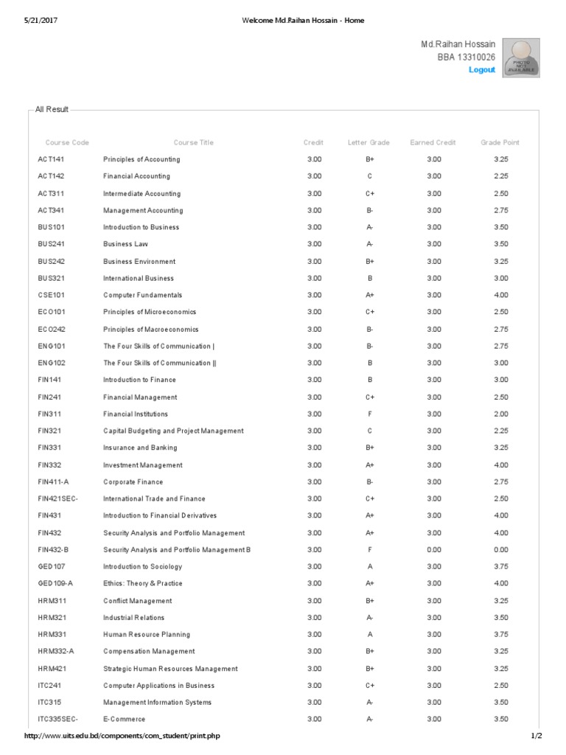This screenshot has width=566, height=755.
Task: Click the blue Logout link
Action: click(x=482, y=69)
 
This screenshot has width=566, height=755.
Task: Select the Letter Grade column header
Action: click(x=368, y=142)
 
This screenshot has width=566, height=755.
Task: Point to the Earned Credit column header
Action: click(x=433, y=142)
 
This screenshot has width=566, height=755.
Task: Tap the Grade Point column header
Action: click(x=500, y=142)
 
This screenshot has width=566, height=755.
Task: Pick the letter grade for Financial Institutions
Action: click(x=369, y=414)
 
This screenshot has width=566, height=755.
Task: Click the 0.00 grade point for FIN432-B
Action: click(x=500, y=550)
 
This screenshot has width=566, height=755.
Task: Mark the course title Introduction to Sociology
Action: click(x=142, y=567)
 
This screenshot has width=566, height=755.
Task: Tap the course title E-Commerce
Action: click(x=124, y=720)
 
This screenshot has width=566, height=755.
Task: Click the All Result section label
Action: click(x=52, y=109)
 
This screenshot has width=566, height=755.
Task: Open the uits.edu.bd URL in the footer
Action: click(x=122, y=736)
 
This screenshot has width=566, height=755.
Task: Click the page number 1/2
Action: click(x=536, y=736)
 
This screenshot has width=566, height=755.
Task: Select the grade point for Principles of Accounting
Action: click(x=500, y=159)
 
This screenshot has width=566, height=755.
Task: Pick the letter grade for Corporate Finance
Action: click(x=369, y=482)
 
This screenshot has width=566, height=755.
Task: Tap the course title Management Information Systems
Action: click(x=157, y=703)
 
